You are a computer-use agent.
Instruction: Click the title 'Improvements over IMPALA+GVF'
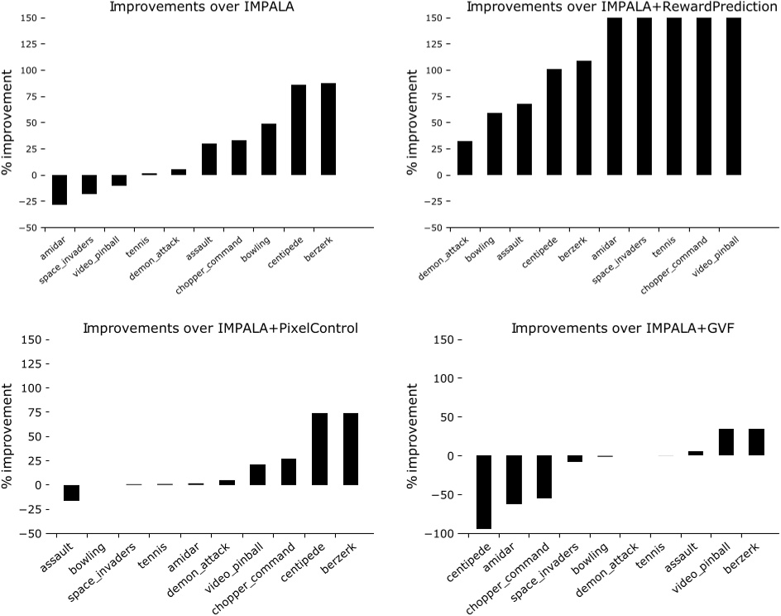pyautogui.click(x=623, y=329)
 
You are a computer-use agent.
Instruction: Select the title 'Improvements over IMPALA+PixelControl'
pyautogui.click(x=220, y=329)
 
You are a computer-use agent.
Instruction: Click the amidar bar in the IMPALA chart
pyautogui.click(x=60, y=190)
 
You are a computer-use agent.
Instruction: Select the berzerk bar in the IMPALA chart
pyautogui.click(x=328, y=129)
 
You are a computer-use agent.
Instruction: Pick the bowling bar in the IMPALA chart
pyautogui.click(x=268, y=149)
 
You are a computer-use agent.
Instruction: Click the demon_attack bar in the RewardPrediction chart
pyautogui.click(x=465, y=158)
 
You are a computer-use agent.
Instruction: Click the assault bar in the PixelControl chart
pyautogui.click(x=71, y=493)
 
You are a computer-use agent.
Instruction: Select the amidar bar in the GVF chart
pyautogui.click(x=514, y=479)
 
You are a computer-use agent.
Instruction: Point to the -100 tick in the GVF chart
pyautogui.click(x=440, y=534)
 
